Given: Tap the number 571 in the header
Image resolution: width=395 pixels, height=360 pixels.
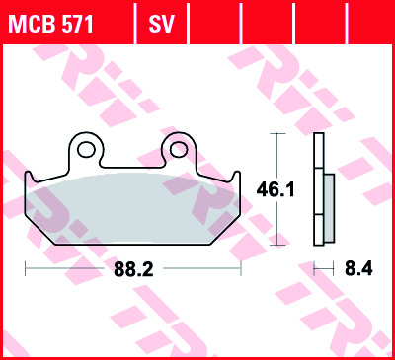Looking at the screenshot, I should coord(76,23).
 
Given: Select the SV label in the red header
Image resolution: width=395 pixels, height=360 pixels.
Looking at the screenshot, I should coord(161,23).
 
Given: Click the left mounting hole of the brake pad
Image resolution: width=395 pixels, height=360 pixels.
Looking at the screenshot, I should coord(86,149).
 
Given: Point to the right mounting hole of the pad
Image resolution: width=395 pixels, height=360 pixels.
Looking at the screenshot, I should coord(178,149).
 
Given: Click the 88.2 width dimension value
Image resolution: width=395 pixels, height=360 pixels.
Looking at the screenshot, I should coord(133,267).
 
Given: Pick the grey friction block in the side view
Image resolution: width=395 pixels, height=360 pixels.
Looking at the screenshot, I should coord(329,201).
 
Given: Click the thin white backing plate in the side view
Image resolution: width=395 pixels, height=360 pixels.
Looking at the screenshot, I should coord(318,192).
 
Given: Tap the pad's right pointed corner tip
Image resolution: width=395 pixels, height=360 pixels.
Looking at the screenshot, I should coord(240,178).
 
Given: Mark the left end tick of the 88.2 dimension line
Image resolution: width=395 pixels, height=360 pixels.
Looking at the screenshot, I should coord(24,267).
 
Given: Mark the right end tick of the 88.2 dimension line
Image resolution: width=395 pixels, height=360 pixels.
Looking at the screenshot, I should coord(241,267).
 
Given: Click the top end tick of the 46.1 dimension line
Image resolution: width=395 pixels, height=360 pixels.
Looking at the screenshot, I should coord(276,133).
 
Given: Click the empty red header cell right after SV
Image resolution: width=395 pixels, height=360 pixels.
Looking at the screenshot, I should coord(212,22).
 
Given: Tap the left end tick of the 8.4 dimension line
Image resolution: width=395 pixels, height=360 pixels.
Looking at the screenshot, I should coord(314,267).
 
